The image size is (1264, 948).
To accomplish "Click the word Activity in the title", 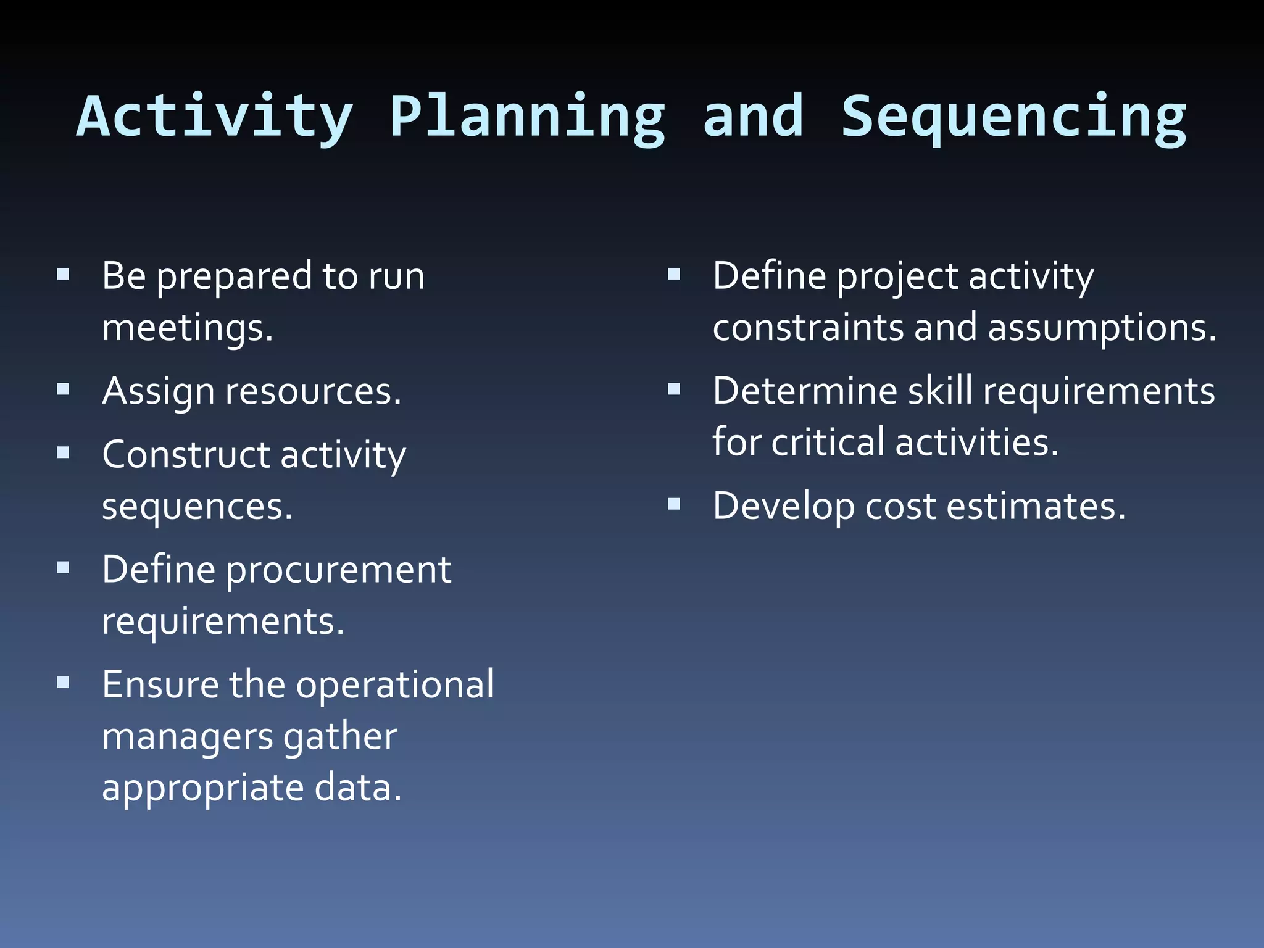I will pos(214,117).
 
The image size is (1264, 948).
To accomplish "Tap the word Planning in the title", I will pos(528,117).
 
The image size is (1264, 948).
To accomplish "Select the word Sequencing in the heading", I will pos(1013,117).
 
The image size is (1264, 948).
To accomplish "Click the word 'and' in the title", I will pos(754,117).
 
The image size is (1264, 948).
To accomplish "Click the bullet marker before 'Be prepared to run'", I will pos(63,274).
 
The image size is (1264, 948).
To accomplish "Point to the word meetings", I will pos(187,328).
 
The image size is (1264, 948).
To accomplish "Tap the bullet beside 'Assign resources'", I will pos(63,389).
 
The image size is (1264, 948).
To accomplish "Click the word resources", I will pos(313,392).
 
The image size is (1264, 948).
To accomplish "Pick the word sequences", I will pos(197,507).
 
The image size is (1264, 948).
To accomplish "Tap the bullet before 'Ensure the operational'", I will pos(63,683).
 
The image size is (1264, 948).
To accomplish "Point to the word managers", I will pos(188,737).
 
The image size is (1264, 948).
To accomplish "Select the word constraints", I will pos(808,327).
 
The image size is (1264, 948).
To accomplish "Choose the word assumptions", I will pos(1102,327).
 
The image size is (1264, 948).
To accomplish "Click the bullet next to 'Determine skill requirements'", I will pos(674,389).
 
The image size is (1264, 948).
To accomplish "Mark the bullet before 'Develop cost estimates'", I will pos(674,505).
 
